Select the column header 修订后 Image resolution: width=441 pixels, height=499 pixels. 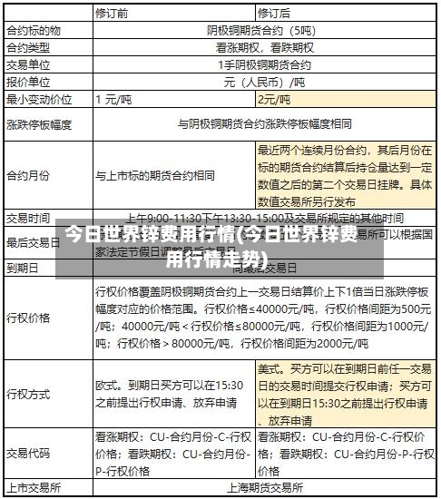274,14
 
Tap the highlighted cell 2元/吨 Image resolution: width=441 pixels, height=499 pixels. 274,100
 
